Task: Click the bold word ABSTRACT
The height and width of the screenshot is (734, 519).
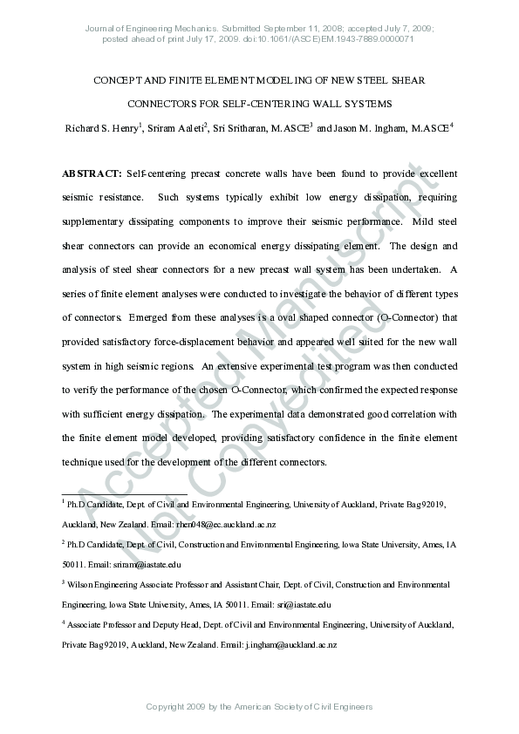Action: [92, 174]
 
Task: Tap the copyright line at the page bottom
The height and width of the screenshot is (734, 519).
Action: [259, 706]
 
